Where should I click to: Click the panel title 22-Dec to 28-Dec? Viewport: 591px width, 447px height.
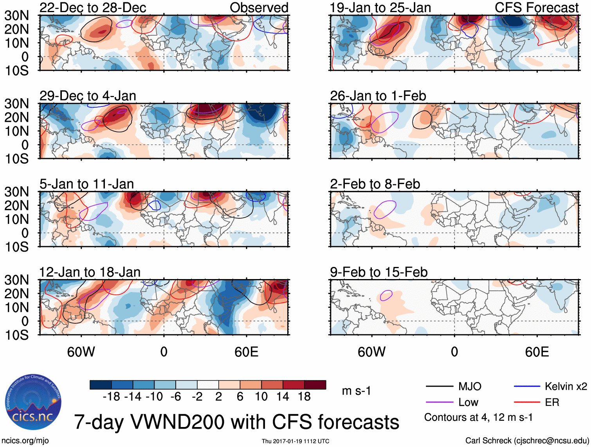[x=93, y=7]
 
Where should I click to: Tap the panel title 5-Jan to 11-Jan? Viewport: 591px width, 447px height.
[x=86, y=184]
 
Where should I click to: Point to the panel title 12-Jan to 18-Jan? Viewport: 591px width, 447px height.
[x=90, y=272]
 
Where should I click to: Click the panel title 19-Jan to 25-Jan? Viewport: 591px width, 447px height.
[x=380, y=7]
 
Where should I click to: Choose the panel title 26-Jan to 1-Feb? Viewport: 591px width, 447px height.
[x=378, y=96]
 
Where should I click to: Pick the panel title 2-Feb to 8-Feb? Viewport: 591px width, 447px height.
[x=375, y=184]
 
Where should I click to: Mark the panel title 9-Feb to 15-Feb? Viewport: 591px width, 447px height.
[x=378, y=272]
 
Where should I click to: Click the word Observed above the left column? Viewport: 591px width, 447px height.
[x=259, y=7]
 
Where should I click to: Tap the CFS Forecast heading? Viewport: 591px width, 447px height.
[x=537, y=7]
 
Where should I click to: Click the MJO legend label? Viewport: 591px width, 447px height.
[x=470, y=387]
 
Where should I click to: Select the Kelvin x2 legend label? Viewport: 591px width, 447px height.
[x=566, y=387]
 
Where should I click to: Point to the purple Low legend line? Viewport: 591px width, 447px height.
[x=439, y=402]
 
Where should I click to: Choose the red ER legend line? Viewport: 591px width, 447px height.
[x=527, y=402]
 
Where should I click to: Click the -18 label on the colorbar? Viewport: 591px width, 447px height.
[x=112, y=397]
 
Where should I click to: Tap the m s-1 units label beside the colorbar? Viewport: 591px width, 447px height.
[x=356, y=391]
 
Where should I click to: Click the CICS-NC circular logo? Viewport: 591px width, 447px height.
[x=33, y=402]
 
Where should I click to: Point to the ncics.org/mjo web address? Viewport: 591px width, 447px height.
[x=25, y=440]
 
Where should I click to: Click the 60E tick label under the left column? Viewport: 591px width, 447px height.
[x=246, y=352]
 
